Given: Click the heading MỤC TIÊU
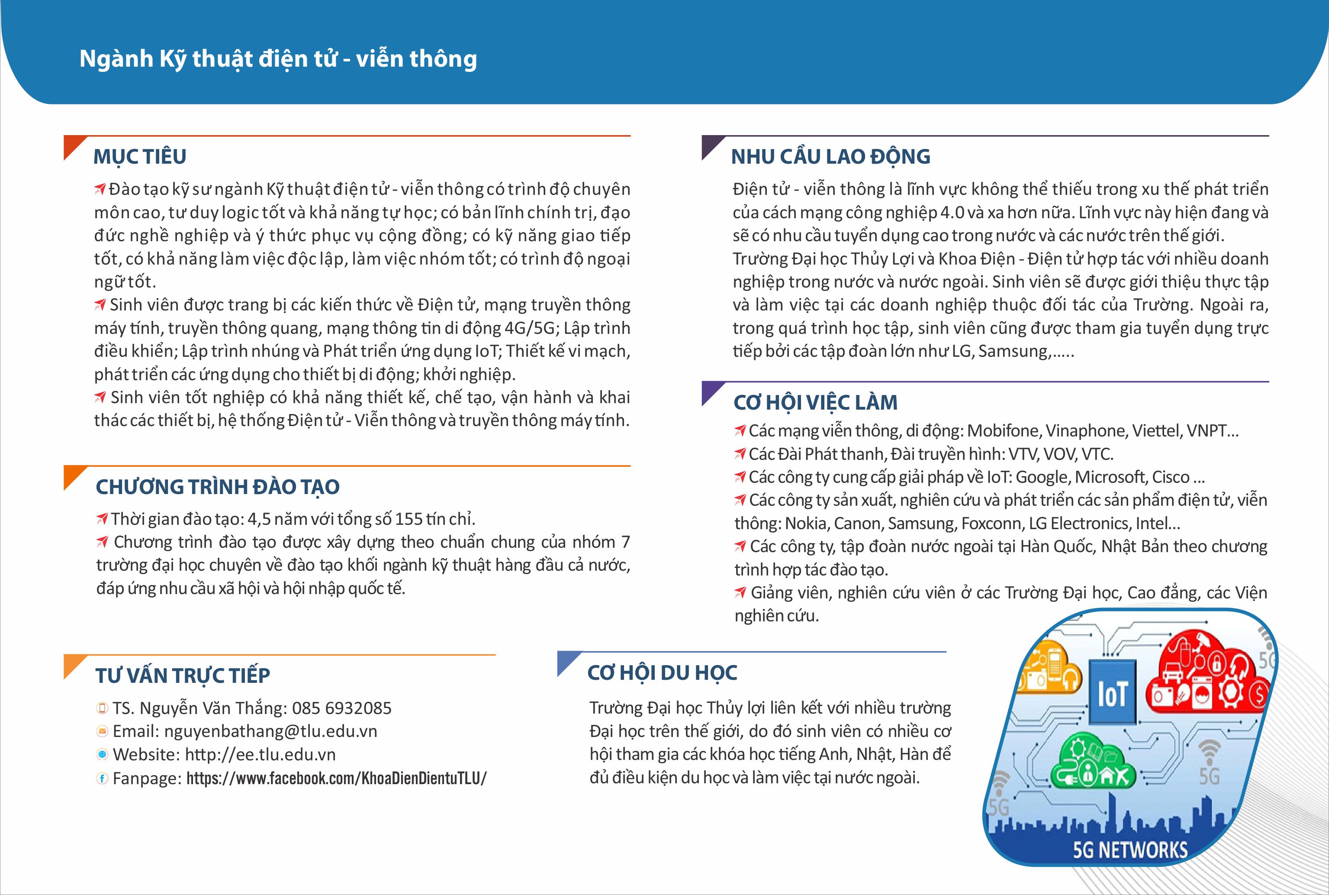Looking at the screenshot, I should (140, 156).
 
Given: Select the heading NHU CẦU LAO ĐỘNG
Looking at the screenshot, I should (830, 156).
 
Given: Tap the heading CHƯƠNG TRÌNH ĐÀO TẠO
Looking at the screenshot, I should (218, 487).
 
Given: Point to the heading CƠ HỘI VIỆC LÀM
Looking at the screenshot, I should (815, 402).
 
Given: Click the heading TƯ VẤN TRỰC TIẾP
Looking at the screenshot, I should (183, 675).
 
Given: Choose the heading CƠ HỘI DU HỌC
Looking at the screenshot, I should (662, 673).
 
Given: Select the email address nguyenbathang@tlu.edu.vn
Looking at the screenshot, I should (270, 731).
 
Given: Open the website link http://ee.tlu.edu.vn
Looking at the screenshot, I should (260, 755).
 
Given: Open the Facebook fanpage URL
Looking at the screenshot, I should (337, 779).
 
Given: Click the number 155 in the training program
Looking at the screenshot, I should (409, 519).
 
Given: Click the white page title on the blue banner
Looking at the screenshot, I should (278, 59).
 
